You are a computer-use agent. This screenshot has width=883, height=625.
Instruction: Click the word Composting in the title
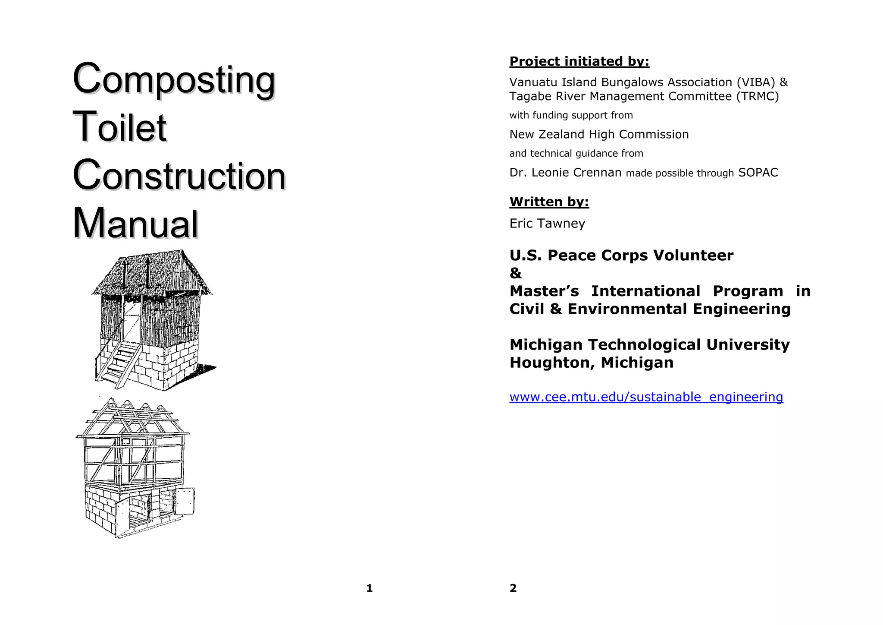pos(174,80)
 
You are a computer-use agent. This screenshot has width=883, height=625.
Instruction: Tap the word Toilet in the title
pos(119,128)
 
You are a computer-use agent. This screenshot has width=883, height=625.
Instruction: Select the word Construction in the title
pos(179,176)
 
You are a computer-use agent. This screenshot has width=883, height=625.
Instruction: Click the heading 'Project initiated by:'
pos(579,62)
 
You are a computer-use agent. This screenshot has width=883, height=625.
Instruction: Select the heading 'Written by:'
pos(549,202)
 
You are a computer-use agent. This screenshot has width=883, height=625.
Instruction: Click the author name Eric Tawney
pos(547,224)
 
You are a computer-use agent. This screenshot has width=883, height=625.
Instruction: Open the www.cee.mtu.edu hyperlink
pos(646,397)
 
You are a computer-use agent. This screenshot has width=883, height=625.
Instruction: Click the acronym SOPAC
pos(758,173)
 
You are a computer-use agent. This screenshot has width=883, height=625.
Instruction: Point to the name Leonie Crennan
pos(576,173)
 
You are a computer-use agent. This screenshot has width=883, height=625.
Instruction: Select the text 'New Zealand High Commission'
pos(599,135)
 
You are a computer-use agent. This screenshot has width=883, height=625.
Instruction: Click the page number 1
pos(369,588)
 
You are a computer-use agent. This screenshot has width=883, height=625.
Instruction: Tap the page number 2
pos(513,588)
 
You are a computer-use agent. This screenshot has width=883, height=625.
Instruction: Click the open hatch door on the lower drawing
pos(184,501)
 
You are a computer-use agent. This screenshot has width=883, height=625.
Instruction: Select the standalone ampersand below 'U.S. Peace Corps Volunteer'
pos(516,274)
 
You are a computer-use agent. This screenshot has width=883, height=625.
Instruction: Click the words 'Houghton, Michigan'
pos(591,363)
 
